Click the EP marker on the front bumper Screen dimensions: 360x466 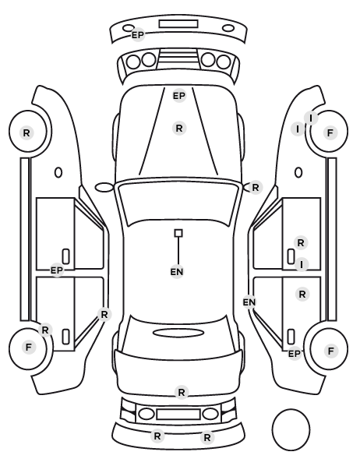pos(138,35)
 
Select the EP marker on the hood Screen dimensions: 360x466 pos(179,96)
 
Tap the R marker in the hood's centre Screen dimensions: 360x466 pos(179,129)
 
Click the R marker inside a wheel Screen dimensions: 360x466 pos(26,132)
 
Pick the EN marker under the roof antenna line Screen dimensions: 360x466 pos(177,272)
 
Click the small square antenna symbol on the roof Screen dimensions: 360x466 pos(178,233)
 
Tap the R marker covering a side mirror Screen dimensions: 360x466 pos(256,188)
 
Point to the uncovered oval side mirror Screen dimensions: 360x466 pos(104,187)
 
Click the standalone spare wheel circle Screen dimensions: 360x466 pos(291,429)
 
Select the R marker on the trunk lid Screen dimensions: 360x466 pos(182,393)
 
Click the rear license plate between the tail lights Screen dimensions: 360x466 pos(178,414)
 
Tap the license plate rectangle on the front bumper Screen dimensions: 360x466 pos(178,24)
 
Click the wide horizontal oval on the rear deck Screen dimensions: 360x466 pos(178,333)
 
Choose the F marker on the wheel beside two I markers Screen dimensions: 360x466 pos(330,132)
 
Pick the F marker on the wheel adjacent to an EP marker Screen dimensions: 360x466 pos(330,351)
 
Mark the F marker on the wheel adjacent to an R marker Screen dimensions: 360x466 pos(29,347)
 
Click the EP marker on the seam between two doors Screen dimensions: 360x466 pos(56,270)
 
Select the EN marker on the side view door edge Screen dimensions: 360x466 pos(249,302)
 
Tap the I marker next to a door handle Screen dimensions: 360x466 pos(302,264)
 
